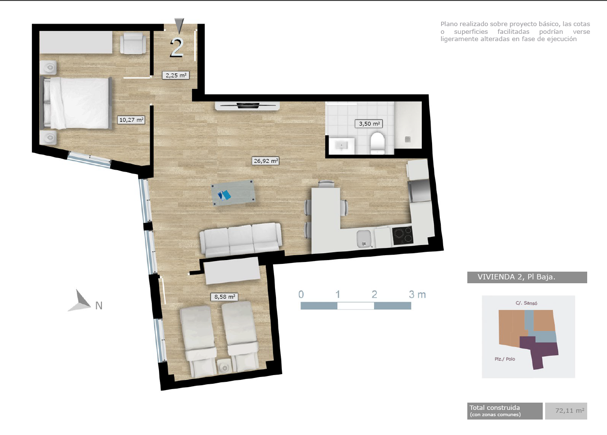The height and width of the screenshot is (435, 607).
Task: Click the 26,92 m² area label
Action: (266, 161)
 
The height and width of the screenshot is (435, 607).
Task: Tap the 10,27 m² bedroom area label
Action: (131, 120)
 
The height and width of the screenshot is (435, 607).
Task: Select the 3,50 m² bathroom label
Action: (369, 124)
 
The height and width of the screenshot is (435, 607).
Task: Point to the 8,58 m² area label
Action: (224, 297)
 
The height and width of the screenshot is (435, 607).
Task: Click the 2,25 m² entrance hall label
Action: (175, 75)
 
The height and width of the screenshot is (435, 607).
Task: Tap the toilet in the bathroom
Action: (377, 143)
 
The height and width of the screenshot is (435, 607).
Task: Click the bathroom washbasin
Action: (341, 146)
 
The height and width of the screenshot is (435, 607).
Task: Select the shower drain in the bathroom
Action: (408, 139)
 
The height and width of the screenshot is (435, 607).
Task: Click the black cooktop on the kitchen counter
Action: (403, 235)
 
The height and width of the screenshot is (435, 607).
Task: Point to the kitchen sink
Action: (364, 239)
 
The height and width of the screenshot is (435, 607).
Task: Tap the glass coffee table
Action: (233, 193)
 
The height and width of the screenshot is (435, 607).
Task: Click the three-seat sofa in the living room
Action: (241, 240)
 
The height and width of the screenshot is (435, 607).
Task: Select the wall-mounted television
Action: (247, 105)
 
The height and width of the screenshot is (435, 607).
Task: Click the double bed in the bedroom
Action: (76, 103)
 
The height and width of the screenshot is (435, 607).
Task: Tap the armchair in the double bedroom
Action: (133, 43)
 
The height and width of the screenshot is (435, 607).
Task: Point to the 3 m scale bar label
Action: (418, 294)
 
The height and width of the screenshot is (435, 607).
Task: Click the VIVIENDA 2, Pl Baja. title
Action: (516, 277)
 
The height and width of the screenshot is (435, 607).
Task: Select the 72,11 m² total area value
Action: (570, 411)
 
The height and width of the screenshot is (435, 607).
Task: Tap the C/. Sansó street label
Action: (526, 303)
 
